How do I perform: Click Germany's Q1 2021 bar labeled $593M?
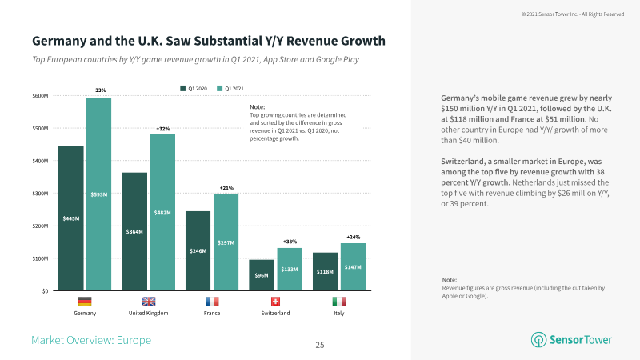click(98, 194)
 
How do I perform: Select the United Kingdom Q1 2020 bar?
click(134, 231)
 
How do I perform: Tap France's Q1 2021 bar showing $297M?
click(226, 242)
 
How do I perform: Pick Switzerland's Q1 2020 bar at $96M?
click(262, 275)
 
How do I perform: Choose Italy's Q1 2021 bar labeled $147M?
click(353, 267)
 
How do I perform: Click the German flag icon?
click(85, 302)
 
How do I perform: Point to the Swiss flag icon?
click(275, 302)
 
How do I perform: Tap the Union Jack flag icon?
click(149, 302)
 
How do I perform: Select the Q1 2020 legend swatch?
click(183, 89)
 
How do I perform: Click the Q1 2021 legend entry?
click(230, 89)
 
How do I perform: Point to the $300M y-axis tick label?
click(40, 194)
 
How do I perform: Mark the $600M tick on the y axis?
click(40, 96)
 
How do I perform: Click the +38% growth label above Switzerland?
click(290, 242)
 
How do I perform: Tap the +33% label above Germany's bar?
click(99, 90)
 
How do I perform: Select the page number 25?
click(320, 346)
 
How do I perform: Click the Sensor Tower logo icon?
click(538, 339)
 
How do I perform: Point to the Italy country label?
click(339, 313)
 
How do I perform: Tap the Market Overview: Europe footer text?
click(91, 340)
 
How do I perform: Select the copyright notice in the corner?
click(573, 14)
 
